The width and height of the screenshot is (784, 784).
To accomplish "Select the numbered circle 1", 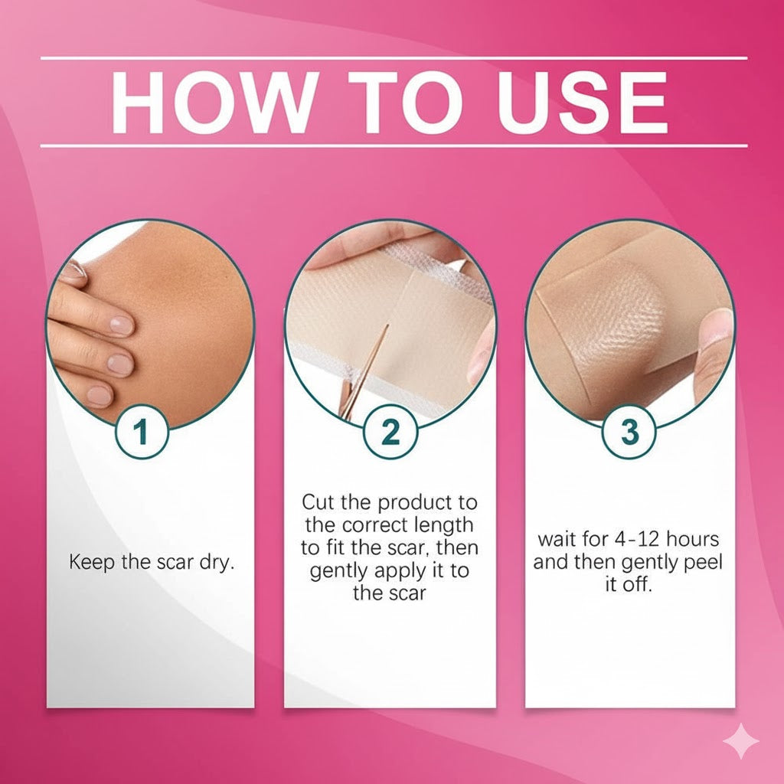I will point(141,433).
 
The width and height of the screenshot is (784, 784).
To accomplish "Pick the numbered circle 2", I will point(390,433).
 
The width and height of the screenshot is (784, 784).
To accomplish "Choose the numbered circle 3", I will point(629,433).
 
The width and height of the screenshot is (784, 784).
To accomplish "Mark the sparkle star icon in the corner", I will point(742,742).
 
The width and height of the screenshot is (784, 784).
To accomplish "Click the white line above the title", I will point(394,57).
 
